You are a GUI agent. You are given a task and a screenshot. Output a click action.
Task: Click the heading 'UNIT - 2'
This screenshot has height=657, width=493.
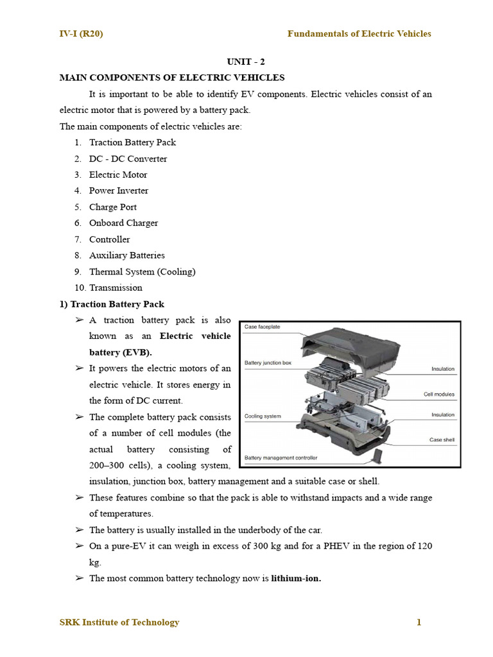point(246,62)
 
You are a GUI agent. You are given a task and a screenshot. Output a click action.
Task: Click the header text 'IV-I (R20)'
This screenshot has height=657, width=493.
point(81,34)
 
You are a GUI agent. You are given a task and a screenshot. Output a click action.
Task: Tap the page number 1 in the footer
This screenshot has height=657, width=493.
point(419,622)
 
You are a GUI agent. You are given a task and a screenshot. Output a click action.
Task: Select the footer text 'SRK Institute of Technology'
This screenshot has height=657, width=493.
point(119,622)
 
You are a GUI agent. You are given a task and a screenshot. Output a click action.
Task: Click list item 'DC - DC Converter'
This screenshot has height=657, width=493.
point(128,158)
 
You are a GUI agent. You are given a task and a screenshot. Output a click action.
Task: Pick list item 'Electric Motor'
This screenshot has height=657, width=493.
point(118,175)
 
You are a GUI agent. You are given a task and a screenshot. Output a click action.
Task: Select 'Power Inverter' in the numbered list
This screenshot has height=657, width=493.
point(119,191)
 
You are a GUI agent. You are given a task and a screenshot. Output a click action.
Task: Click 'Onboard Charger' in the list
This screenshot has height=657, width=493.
point(123,223)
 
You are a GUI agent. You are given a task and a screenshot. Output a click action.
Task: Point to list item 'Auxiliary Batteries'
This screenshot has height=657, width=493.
point(126,255)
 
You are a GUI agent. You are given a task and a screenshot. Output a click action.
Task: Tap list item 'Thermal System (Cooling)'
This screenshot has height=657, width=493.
point(142,271)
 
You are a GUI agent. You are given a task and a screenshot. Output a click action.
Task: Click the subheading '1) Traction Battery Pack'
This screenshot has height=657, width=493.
point(112,304)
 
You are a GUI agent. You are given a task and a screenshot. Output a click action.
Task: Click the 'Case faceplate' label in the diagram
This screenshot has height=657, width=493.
point(262,327)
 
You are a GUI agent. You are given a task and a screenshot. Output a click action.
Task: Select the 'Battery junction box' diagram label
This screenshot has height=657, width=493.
point(268,363)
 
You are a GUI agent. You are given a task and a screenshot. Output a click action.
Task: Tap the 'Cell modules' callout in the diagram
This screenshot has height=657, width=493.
point(439,394)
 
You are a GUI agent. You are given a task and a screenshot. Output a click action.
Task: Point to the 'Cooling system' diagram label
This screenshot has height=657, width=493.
point(263,416)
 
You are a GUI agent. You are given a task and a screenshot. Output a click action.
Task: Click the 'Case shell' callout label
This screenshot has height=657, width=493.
point(442,440)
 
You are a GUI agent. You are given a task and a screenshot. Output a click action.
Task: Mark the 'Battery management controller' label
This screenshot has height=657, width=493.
point(281,458)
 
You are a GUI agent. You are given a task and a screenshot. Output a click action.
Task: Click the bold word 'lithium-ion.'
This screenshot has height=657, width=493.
point(296,578)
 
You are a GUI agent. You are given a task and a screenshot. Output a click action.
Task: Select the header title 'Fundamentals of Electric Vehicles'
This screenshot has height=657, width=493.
point(359,34)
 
